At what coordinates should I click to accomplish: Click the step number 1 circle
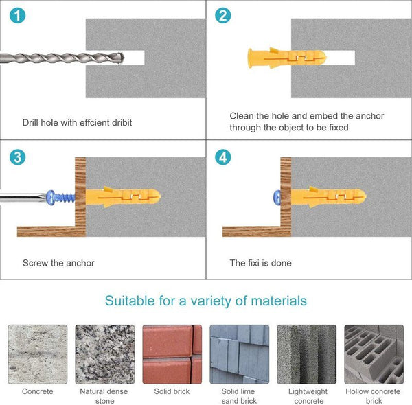tap(18, 16)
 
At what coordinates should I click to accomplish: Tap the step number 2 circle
tap(222, 16)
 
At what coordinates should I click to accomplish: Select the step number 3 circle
tap(18, 157)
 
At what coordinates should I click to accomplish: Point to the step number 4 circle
tap(222, 157)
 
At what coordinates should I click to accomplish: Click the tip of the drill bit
tap(124, 58)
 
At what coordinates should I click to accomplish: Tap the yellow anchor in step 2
tap(287, 58)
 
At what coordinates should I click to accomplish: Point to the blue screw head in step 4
tap(277, 197)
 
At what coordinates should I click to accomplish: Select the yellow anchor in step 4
tap(328, 197)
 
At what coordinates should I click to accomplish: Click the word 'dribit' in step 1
tap(121, 122)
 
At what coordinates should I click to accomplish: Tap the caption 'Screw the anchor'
tap(58, 263)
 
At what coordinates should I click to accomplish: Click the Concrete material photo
tap(38, 354)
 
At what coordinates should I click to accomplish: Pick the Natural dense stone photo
tap(105, 354)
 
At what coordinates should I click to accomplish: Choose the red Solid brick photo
tap(172, 354)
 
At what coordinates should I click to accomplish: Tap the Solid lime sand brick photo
tap(240, 354)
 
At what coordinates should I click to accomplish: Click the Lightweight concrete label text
tap(308, 396)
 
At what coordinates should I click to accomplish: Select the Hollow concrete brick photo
tap(374, 354)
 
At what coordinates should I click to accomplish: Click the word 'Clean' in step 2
tap(242, 116)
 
